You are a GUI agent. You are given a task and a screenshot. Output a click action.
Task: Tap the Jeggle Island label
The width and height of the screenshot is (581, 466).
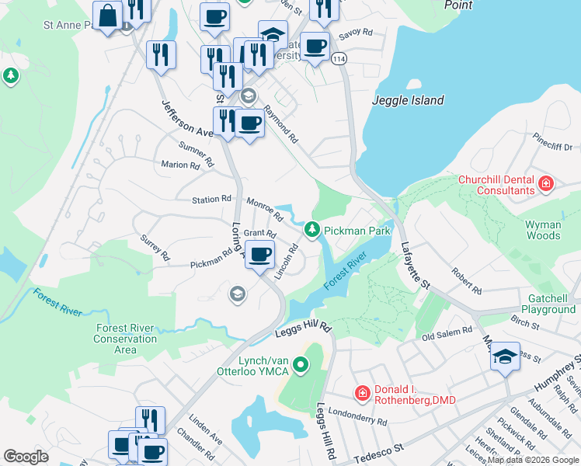tap(408, 100)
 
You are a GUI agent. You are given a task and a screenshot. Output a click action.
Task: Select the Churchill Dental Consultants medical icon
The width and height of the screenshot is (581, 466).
tap(546, 184)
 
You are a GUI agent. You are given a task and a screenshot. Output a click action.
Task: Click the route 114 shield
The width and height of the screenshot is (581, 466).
tap(339, 59)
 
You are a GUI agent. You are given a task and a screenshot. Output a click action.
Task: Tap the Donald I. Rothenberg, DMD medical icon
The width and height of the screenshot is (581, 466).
tap(361, 394)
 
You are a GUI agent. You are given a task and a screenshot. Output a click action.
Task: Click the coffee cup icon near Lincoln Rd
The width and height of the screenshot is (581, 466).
tap(260, 253)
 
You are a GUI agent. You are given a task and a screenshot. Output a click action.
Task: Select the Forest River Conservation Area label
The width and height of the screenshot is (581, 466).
tap(125, 339)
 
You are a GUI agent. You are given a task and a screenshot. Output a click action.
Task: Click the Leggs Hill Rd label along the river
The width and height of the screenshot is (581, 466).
tap(303, 329)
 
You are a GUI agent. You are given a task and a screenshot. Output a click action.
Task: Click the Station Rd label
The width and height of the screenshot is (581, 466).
tap(212, 200)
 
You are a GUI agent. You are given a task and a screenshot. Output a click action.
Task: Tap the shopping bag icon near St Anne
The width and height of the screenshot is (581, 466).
tap(106, 14)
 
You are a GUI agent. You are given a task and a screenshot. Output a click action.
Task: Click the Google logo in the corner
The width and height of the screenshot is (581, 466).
tap(26, 457)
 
